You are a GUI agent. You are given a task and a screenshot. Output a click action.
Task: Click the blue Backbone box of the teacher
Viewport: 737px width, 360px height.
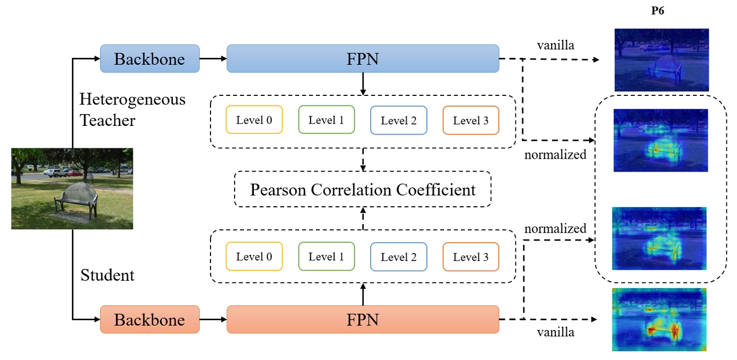coord(149,58)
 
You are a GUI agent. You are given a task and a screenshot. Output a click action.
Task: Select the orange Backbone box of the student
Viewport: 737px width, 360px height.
coord(149,319)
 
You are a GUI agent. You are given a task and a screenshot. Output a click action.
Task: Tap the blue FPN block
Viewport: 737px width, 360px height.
coord(363,58)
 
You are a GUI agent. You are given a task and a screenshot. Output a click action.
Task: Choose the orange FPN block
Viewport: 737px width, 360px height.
coord(363,319)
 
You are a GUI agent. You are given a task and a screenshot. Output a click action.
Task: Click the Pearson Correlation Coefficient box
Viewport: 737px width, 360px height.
coord(363,189)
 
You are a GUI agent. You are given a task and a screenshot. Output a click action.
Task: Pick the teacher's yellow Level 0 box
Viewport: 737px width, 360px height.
coord(254,120)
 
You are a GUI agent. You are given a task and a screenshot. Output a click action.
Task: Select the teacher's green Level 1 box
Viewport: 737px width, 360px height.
coord(326,120)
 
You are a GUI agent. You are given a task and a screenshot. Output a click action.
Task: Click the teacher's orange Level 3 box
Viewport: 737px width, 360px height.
coord(471,120)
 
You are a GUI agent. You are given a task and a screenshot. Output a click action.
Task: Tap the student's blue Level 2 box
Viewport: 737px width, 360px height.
coord(398,257)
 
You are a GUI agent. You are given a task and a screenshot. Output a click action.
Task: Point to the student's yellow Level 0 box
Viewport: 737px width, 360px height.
coord(254,257)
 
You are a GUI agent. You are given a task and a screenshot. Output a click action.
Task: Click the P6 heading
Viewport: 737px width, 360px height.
coord(657,11)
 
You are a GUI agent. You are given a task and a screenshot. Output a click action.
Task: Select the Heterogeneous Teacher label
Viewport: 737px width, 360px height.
coord(132,110)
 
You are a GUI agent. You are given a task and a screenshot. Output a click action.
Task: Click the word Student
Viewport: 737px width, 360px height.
coord(107,275)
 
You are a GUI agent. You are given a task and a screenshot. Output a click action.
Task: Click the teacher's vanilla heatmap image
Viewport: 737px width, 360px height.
coord(661,59)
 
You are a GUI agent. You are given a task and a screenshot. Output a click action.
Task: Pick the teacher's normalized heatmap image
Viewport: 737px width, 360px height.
coord(660,140)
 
